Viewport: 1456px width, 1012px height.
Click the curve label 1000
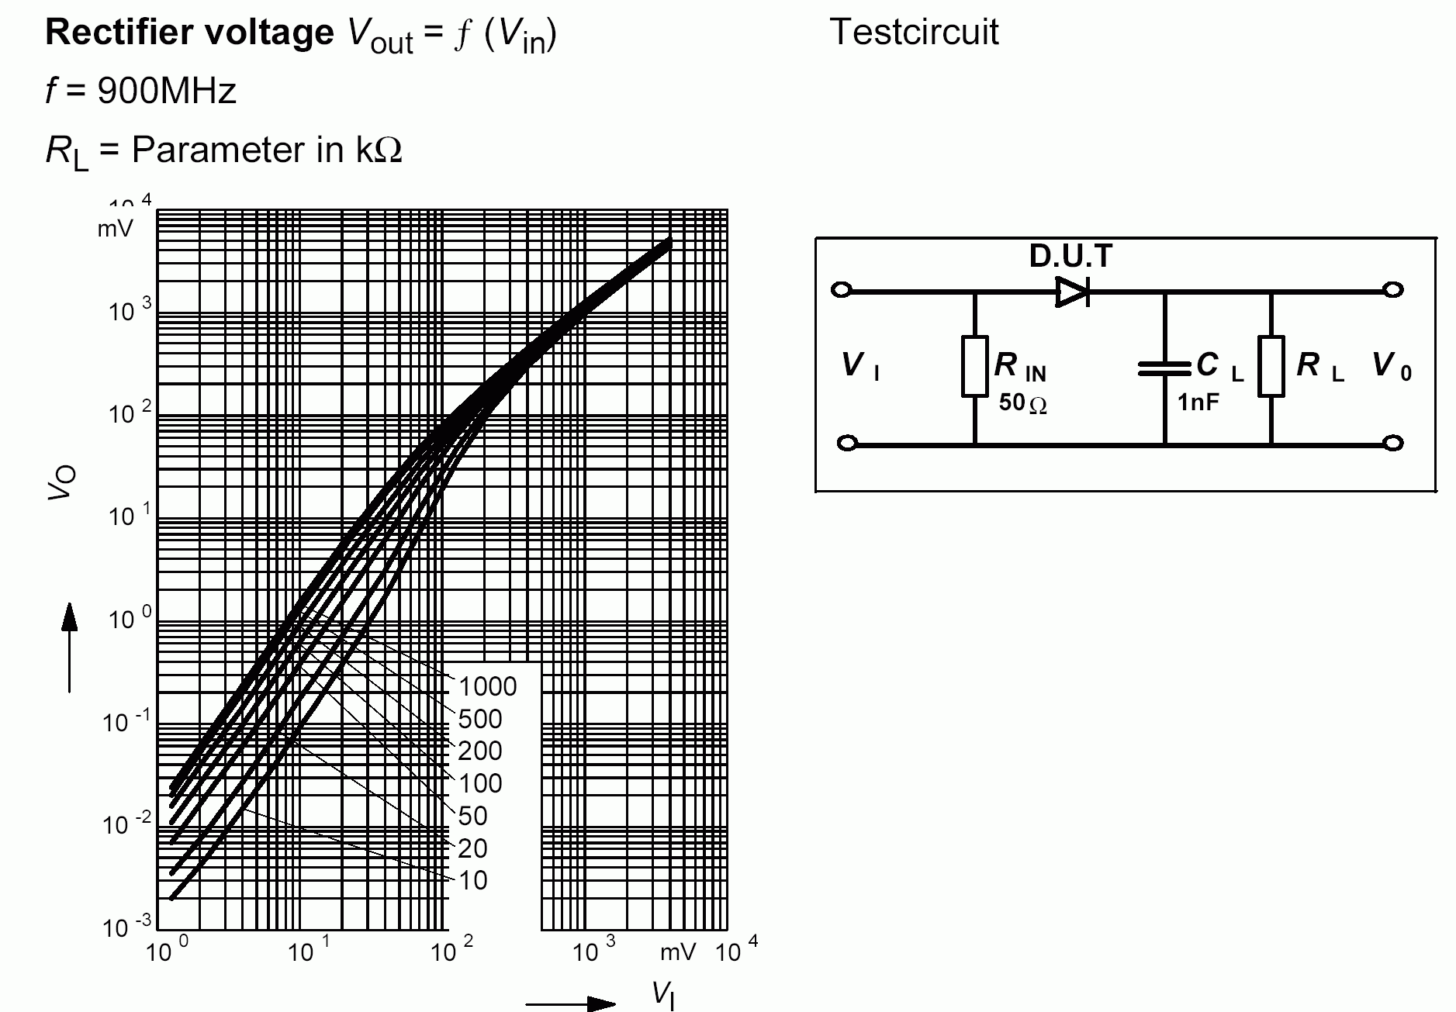pos(487,686)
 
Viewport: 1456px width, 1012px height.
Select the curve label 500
pos(480,719)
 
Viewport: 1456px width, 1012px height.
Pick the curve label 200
pos(480,751)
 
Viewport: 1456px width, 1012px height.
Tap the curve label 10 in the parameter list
pos(472,880)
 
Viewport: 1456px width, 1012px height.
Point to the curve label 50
pos(472,816)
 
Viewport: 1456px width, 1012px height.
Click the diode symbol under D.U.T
pos(1073,292)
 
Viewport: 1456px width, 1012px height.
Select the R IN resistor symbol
pos(974,366)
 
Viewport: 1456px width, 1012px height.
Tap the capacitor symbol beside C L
pos(1164,368)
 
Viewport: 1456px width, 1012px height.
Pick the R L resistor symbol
pos(1271,366)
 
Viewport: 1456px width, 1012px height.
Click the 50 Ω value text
pos(1023,402)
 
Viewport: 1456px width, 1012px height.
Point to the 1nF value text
pos(1198,402)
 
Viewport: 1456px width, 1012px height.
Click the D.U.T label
pos(1070,256)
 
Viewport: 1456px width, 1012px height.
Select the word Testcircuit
pos(914,33)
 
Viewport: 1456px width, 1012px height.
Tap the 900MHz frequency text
pos(167,92)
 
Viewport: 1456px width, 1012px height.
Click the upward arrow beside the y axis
pos(70,648)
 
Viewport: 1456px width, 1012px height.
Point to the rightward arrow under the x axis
pos(571,1003)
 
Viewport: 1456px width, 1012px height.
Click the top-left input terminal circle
pos(842,290)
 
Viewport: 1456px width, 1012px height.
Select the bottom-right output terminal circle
pos(1393,444)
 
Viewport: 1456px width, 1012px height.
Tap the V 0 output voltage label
pos(1392,365)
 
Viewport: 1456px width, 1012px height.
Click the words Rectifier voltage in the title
pos(189,33)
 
